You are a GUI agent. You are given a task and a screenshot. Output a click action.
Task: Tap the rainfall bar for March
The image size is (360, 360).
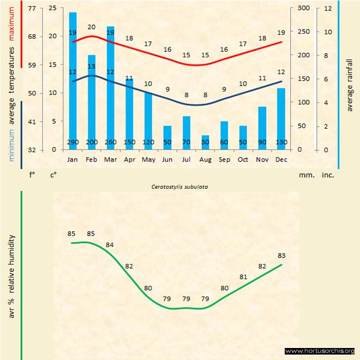(x=110, y=87)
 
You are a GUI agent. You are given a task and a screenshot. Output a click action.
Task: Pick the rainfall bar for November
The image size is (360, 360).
(x=262, y=128)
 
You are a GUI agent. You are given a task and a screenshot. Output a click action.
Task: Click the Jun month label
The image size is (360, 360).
(x=167, y=159)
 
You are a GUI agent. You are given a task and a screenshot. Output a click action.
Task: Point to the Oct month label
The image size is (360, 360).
(x=243, y=159)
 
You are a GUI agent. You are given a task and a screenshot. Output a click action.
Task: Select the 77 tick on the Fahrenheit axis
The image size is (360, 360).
(x=32, y=8)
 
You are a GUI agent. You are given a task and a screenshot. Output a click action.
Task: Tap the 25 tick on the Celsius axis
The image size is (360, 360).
(x=52, y=8)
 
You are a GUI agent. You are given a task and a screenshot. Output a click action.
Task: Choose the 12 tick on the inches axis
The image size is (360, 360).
(x=328, y=8)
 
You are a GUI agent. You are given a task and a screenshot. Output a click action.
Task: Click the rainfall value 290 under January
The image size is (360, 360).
(x=73, y=142)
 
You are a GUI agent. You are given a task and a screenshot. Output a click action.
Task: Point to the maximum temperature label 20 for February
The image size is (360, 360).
(x=92, y=27)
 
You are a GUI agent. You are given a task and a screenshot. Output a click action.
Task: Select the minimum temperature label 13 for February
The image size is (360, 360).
(x=92, y=67)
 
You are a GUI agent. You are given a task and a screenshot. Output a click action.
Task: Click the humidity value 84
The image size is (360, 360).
(x=110, y=244)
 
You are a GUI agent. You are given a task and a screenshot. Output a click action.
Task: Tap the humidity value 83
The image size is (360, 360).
(x=281, y=255)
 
